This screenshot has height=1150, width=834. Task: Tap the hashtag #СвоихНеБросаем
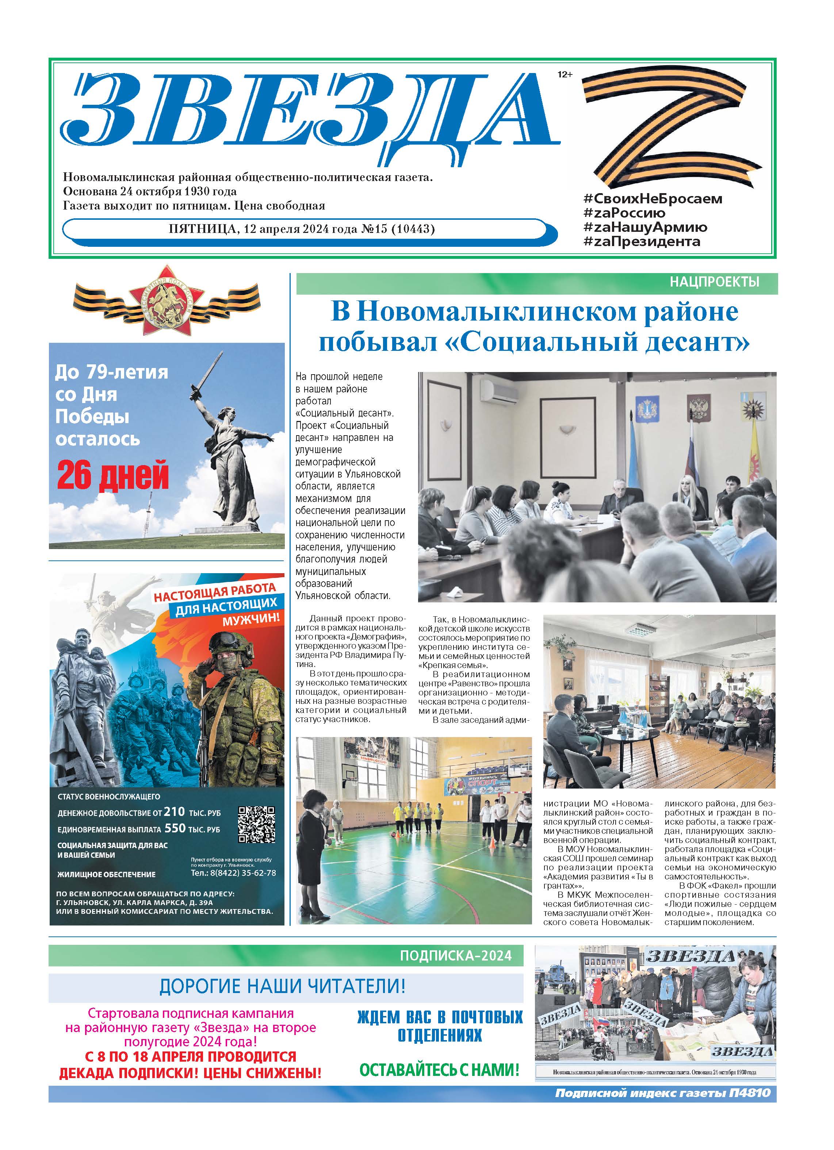(x=653, y=199)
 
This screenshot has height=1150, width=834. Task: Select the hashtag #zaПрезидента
(x=642, y=242)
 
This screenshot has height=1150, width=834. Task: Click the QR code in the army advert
(x=257, y=824)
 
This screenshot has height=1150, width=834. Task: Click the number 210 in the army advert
(x=174, y=812)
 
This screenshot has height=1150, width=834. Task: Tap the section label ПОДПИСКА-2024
(x=456, y=956)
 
